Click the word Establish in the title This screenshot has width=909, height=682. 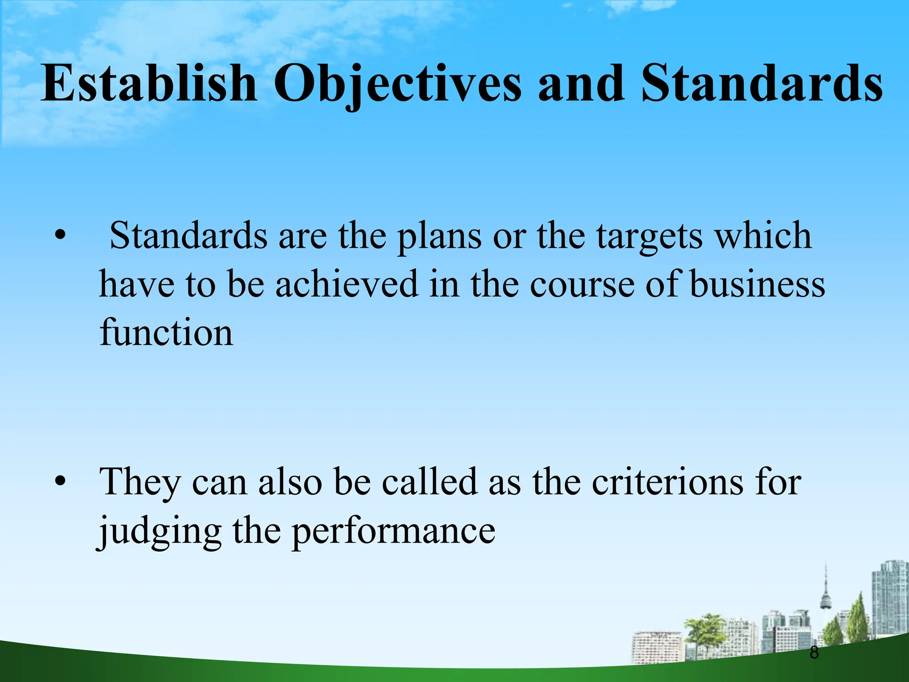click(x=149, y=83)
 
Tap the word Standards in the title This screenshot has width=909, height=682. click(x=762, y=83)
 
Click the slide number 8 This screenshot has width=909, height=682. click(x=814, y=653)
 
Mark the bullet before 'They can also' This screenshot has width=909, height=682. click(x=60, y=482)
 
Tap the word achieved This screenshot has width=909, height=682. click(x=347, y=284)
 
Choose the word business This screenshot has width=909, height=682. click(x=757, y=284)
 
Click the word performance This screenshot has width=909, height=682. click(x=394, y=532)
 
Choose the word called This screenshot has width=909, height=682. click(x=430, y=482)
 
